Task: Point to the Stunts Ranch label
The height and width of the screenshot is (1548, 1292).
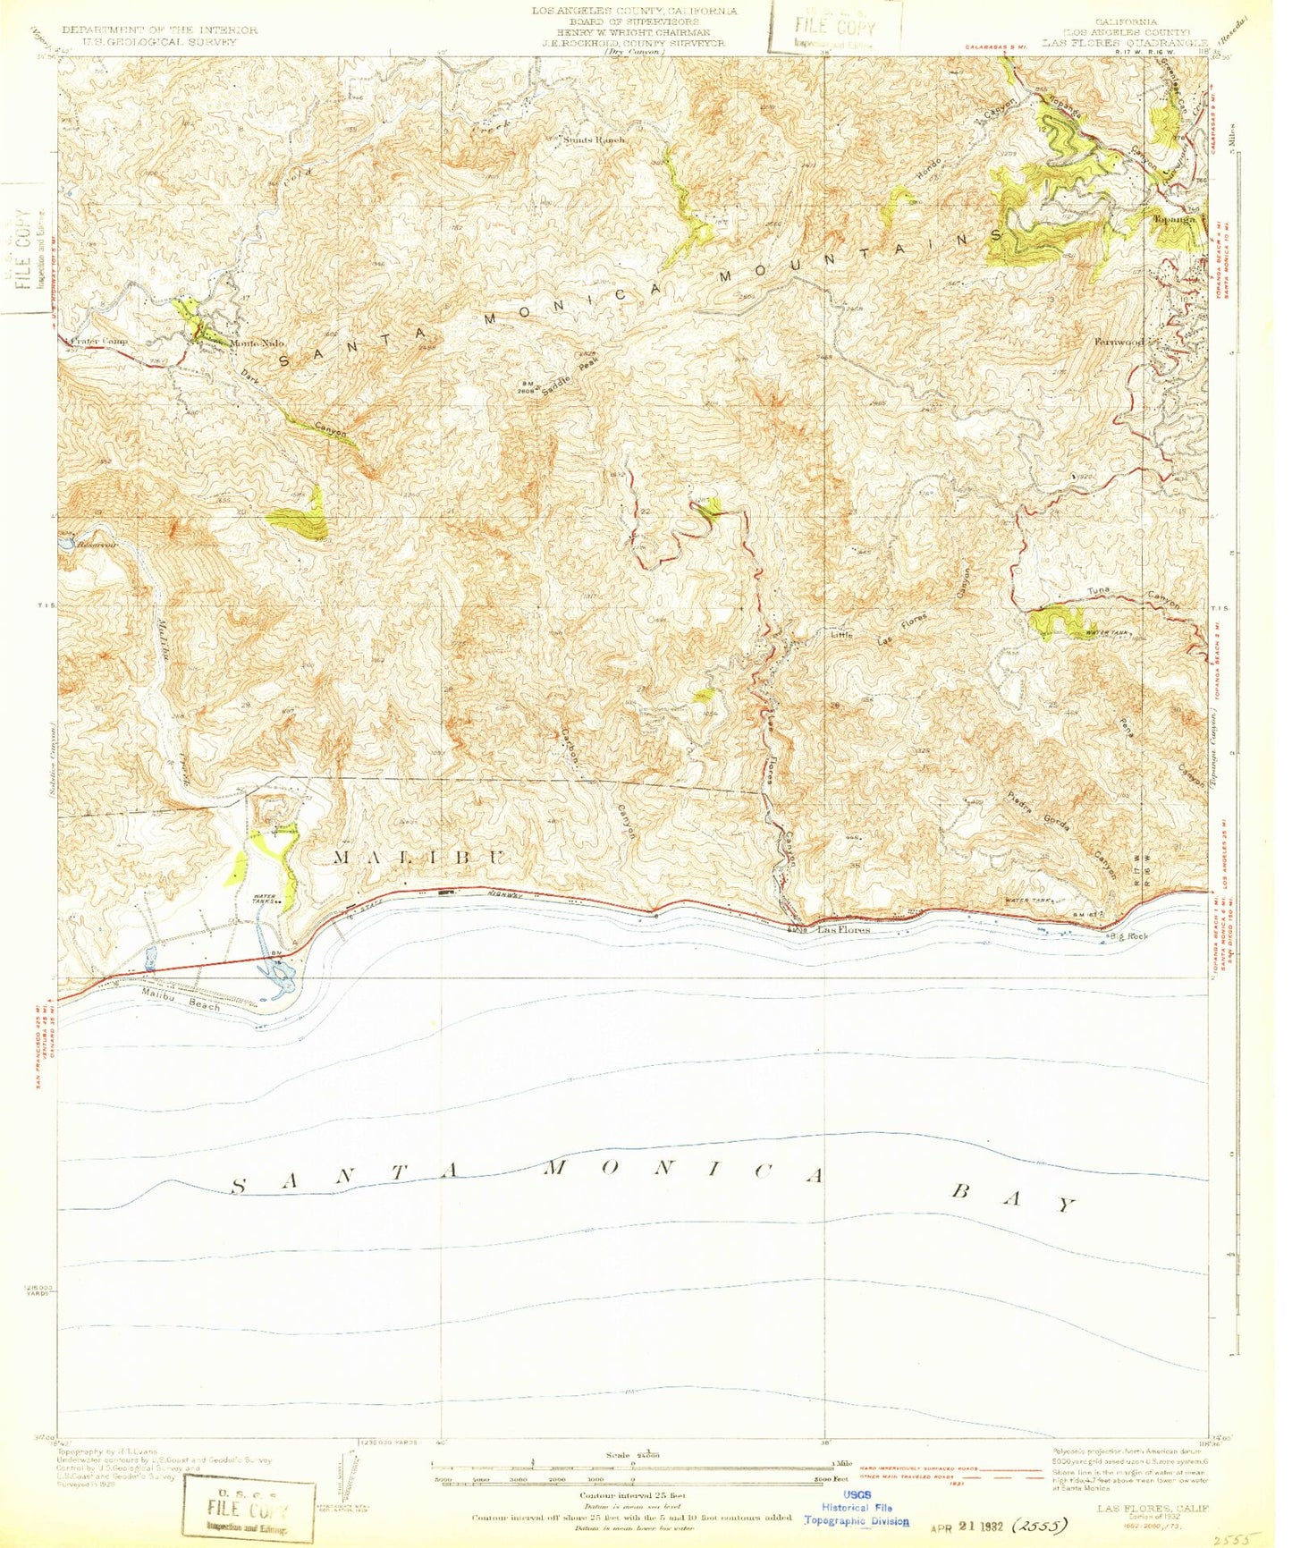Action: (594, 140)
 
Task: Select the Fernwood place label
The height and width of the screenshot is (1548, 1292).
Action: (1119, 342)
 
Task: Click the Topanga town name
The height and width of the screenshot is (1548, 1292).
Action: (1174, 219)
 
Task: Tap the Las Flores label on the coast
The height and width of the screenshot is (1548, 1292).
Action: (844, 930)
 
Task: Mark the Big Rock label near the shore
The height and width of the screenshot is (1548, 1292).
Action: (1128, 935)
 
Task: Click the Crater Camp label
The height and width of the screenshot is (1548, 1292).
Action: (97, 341)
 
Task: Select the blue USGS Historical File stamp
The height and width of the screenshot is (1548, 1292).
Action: (856, 1507)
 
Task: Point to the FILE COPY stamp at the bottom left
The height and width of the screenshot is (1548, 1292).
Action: (249, 1510)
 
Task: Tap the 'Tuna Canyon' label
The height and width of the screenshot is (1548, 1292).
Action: (1133, 596)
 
